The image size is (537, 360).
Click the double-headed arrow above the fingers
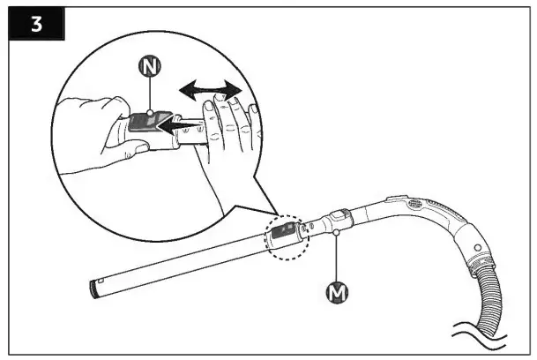click(209, 89)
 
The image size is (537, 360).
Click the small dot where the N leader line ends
click(151, 112)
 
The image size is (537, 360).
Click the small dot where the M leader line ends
click(338, 230)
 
